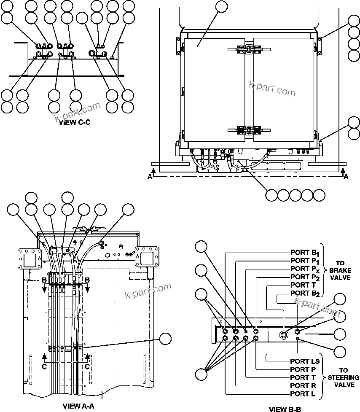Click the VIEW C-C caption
[75, 123]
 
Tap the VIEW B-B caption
[285, 409]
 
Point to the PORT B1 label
[305, 253]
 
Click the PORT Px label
[305, 269]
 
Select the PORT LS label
[305, 361]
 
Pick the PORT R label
[303, 385]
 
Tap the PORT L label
[303, 394]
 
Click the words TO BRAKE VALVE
[340, 270]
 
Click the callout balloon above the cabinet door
[221, 7]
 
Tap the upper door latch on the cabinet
[245, 49]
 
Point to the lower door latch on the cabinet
[245, 130]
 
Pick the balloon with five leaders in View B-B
[202, 374]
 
